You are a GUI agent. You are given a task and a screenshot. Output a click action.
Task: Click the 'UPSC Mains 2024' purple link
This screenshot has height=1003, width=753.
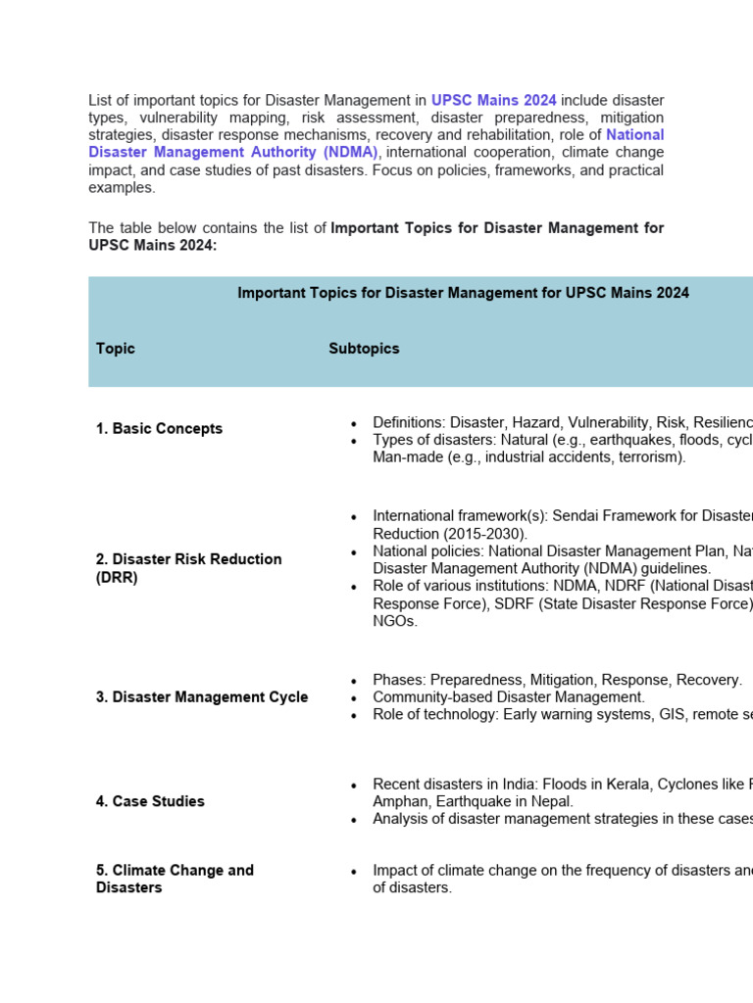tap(493, 100)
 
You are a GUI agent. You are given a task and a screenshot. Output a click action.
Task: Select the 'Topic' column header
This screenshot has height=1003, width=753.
tap(116, 349)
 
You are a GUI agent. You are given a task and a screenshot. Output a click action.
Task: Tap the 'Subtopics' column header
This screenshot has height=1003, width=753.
tap(364, 349)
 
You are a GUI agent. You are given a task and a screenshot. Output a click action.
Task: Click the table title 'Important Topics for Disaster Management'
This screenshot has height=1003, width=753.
tap(463, 293)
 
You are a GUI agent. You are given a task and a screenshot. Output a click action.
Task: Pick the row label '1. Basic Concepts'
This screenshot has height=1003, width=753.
tap(159, 429)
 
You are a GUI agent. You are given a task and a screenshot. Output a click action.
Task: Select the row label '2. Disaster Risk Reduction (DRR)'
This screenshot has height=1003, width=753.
tap(188, 568)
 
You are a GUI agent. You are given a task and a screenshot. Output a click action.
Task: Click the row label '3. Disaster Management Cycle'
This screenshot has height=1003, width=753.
tap(201, 697)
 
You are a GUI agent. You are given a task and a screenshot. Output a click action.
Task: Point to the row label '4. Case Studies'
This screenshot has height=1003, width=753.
tap(150, 801)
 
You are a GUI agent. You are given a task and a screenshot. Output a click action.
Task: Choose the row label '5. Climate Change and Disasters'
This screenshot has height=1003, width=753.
tap(175, 879)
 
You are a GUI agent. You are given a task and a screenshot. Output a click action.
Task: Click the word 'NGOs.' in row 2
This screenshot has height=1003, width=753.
tap(395, 621)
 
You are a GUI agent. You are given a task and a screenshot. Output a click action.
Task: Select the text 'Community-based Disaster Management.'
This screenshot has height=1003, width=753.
tap(509, 697)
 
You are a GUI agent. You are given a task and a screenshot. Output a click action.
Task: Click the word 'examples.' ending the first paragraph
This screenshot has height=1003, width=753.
tap(122, 187)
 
